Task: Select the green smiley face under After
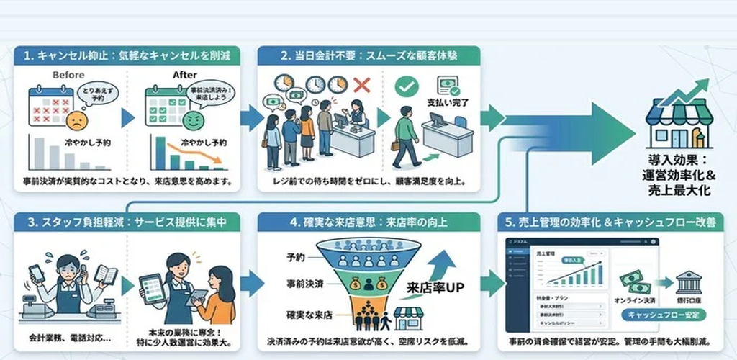[192, 120]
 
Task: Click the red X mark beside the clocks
[362, 86]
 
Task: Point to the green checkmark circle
[407, 86]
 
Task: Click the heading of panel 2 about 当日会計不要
[368, 55]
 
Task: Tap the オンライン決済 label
[637, 301]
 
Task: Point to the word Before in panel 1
[69, 75]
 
